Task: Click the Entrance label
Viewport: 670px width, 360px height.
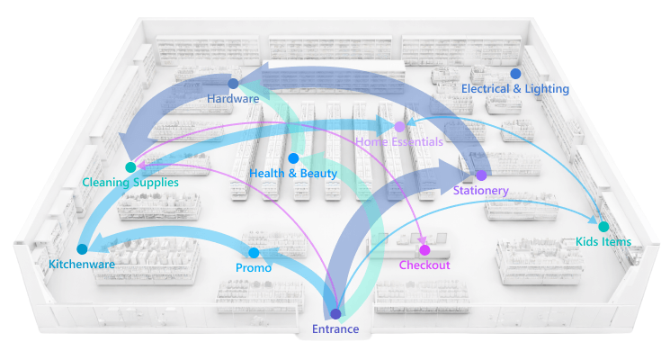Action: [x=335, y=329]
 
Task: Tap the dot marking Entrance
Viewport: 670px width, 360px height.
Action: [x=335, y=314]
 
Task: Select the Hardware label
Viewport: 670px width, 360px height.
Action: [x=233, y=98]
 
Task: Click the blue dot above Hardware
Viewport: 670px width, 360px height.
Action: [x=233, y=84]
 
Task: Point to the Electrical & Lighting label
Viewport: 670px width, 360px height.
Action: [x=515, y=88]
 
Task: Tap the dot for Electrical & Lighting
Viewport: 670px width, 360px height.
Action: [x=515, y=74]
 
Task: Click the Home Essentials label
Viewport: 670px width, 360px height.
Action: [x=399, y=142]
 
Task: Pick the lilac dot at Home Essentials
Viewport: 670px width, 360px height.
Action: [x=399, y=127]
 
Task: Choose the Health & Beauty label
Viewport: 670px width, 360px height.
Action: [x=293, y=173]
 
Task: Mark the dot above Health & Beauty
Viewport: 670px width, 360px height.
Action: [x=293, y=158]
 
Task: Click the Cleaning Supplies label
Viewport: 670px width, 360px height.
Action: [x=130, y=182]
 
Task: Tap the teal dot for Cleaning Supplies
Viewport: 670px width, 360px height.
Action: [x=130, y=167]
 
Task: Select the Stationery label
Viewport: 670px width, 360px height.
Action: [x=481, y=191]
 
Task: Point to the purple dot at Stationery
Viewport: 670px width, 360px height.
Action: [x=481, y=175]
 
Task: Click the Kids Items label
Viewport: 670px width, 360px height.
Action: [x=603, y=241]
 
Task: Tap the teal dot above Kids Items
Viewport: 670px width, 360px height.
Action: [x=603, y=227]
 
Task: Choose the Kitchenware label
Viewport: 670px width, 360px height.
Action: [x=81, y=264]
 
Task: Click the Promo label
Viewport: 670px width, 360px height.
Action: [x=254, y=268]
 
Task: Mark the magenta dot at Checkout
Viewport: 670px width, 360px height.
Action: [x=424, y=249]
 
